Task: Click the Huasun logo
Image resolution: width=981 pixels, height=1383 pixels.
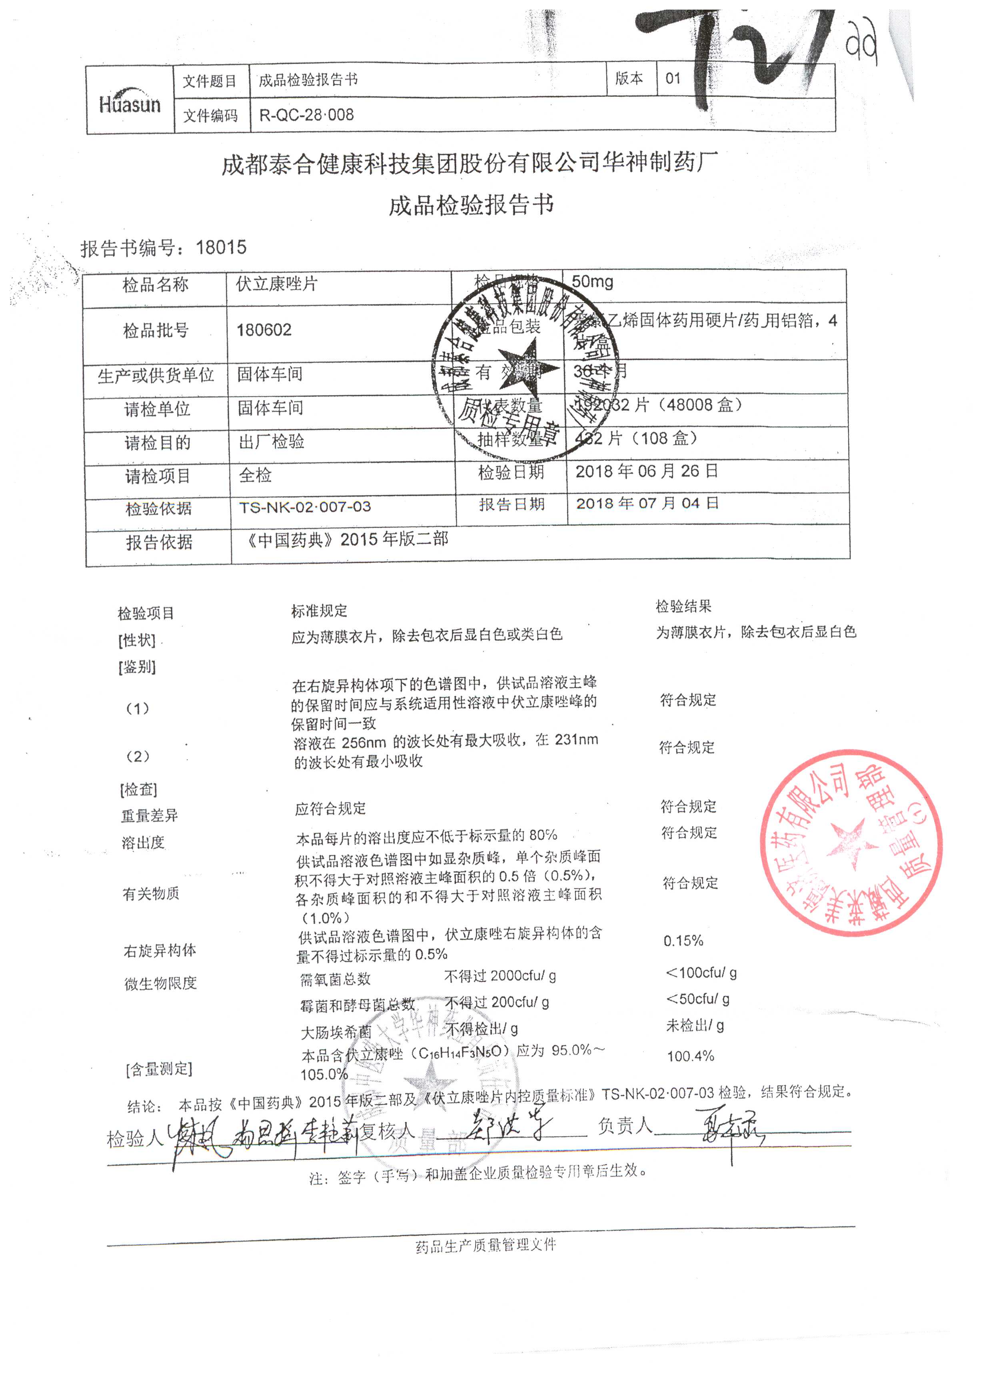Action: click(x=130, y=103)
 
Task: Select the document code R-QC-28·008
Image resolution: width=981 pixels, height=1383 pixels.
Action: click(x=306, y=115)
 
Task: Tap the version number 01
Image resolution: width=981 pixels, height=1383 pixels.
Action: click(x=673, y=78)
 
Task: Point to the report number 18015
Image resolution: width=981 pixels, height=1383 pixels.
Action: click(x=221, y=247)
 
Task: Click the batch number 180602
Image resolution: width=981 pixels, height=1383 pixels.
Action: click(x=264, y=330)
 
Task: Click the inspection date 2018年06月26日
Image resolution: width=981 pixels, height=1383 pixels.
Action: click(x=646, y=471)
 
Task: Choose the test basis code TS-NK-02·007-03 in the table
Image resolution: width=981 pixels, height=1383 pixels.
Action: click(x=305, y=507)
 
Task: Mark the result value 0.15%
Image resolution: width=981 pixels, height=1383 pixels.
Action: click(x=683, y=941)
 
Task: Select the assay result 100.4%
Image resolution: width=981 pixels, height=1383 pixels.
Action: click(x=690, y=1056)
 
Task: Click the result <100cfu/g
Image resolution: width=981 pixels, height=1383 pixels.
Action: click(x=701, y=973)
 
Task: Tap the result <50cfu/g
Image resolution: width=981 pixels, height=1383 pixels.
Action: click(x=698, y=999)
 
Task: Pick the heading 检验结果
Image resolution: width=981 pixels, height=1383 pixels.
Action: click(x=683, y=606)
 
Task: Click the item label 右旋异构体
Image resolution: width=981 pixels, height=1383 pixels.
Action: click(x=160, y=951)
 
